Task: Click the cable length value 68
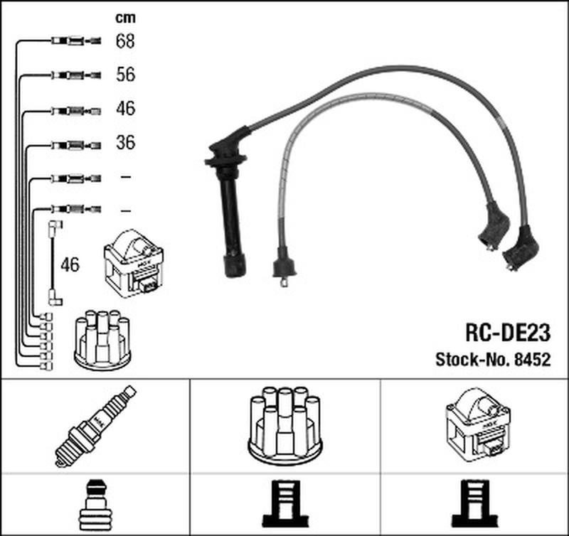[x=125, y=41]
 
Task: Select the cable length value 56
[x=126, y=75]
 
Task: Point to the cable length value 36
[x=126, y=142]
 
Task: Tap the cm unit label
[x=126, y=18]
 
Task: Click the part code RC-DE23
[x=508, y=333]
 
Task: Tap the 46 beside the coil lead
[x=70, y=264]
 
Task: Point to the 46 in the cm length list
[x=126, y=109]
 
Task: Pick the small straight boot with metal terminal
[x=284, y=265]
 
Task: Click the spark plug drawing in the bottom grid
[x=95, y=427]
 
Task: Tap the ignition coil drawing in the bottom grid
[x=478, y=425]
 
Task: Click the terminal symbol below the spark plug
[x=95, y=505]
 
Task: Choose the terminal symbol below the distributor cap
[x=285, y=504]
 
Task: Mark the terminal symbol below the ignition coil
[x=474, y=504]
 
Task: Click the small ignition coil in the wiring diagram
[x=134, y=263]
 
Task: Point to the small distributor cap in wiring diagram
[x=102, y=341]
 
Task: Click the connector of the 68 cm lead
[x=76, y=41]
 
